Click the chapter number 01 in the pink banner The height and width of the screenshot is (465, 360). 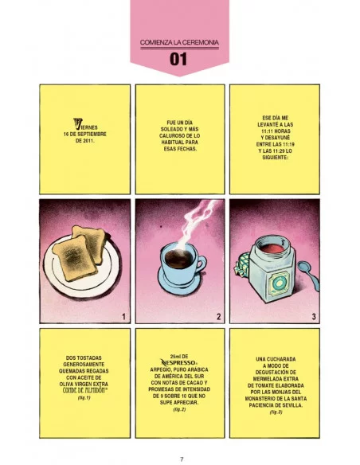click(178, 59)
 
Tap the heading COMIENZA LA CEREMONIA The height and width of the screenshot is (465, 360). click(179, 42)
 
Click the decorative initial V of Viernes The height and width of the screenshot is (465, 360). click(78, 124)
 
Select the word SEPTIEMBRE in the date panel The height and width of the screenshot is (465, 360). click(92, 135)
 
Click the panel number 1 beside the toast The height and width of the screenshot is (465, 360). click(124, 317)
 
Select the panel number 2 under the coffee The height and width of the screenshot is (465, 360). click(219, 317)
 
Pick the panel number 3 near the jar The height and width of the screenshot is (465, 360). click(314, 317)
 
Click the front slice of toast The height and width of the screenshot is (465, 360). click(75, 259)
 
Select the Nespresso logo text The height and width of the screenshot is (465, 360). click(178, 362)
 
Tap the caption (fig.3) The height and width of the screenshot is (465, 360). click(276, 412)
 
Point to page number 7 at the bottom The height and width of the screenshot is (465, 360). click(182, 459)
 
